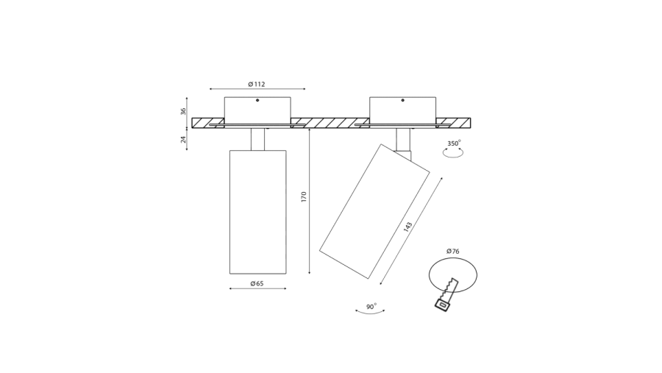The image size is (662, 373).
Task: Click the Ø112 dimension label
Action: [x=257, y=84]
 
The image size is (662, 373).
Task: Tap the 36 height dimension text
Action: [x=183, y=112]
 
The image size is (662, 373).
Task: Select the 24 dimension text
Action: [x=184, y=139]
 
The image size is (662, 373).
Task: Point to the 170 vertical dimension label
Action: [x=304, y=197]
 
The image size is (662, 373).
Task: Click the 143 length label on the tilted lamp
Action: [x=407, y=227]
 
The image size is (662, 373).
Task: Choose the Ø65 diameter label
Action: [x=257, y=283]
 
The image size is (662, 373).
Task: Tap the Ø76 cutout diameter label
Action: [x=452, y=252]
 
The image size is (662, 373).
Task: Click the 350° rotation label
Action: [x=454, y=143]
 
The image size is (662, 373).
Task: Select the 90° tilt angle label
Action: [x=371, y=306]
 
